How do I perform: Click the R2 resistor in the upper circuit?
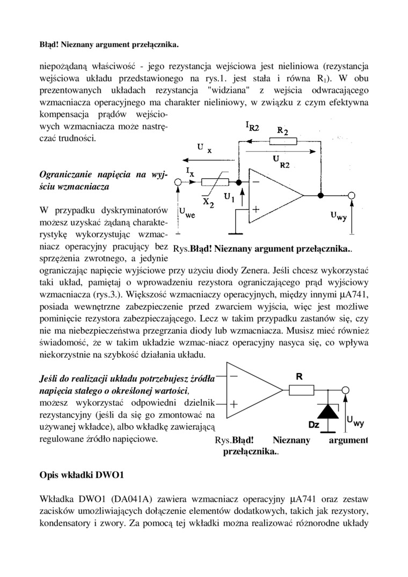pyautogui.click(x=283, y=141)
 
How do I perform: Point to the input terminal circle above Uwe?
pyautogui.click(x=178, y=182)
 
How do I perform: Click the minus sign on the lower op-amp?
pyautogui.click(x=235, y=376)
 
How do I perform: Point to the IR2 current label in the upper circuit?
pyautogui.click(x=253, y=126)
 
